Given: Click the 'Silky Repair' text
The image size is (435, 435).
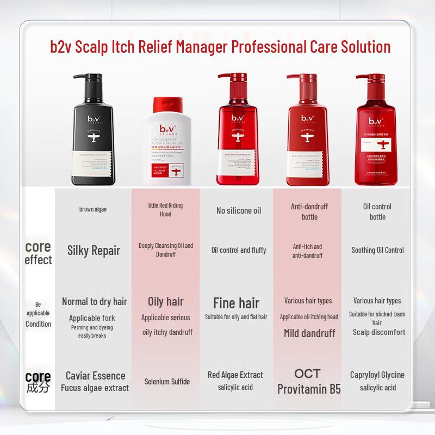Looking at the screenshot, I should coord(94,251).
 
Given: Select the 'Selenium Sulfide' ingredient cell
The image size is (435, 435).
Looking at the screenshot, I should coord(167,382).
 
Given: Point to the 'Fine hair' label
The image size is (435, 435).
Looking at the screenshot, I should coord(236,303).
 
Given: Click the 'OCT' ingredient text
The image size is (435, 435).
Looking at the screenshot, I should coord(307,374).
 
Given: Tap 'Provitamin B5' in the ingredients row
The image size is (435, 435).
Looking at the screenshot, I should coord(308,389).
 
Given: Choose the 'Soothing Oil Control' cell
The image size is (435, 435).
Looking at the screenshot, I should coord(377,250).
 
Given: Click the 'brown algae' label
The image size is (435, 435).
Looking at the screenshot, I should coord(93,209).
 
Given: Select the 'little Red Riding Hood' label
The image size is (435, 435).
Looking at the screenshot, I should coord(165,209).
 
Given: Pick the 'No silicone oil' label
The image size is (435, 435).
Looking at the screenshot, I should coord(239,210).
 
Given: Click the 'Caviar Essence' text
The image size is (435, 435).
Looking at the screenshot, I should coord(95,375).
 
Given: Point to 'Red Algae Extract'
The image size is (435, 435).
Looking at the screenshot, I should coord(235,375).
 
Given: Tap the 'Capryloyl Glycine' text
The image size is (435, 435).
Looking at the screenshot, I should coord(377,375).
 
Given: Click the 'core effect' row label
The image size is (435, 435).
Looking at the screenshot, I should coord(38,253).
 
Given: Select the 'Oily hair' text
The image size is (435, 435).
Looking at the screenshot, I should coord(166,301).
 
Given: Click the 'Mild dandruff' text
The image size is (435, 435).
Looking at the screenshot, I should coord(309,333).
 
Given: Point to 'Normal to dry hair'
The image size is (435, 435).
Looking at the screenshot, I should coord(94,301).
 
